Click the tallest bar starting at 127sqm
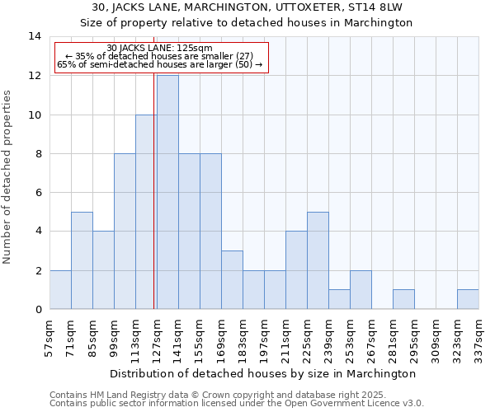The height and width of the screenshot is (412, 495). pos(167,192)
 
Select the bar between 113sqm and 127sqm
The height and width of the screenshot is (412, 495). pos(146,212)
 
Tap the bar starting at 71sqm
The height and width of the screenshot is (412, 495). pos(82,260)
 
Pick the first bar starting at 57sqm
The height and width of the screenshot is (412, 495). pos(60,289)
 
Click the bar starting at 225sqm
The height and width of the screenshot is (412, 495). pos(318,260)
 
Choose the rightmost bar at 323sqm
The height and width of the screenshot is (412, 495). pos(468,299)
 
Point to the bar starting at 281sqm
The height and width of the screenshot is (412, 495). pos(403,299)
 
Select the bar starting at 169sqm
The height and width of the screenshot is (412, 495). pos(232,280)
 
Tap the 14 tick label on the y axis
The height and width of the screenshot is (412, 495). pos(35,36)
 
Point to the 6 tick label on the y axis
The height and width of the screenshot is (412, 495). pos(38,192)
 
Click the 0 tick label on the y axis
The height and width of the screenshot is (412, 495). pos(38,309)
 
